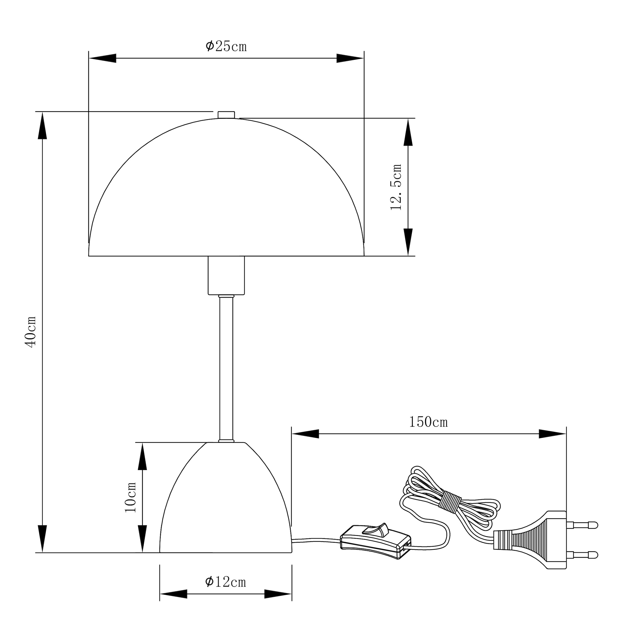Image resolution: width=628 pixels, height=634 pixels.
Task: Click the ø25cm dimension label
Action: (226, 47)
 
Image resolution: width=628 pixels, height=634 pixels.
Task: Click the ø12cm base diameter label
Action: (225, 582)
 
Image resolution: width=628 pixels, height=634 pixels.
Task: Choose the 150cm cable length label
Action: (428, 422)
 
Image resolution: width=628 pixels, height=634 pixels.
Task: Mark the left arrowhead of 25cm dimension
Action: (102, 58)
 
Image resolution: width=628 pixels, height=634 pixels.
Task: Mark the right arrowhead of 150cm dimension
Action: (553, 434)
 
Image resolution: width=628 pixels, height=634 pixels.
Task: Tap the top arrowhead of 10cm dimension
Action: (142, 456)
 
